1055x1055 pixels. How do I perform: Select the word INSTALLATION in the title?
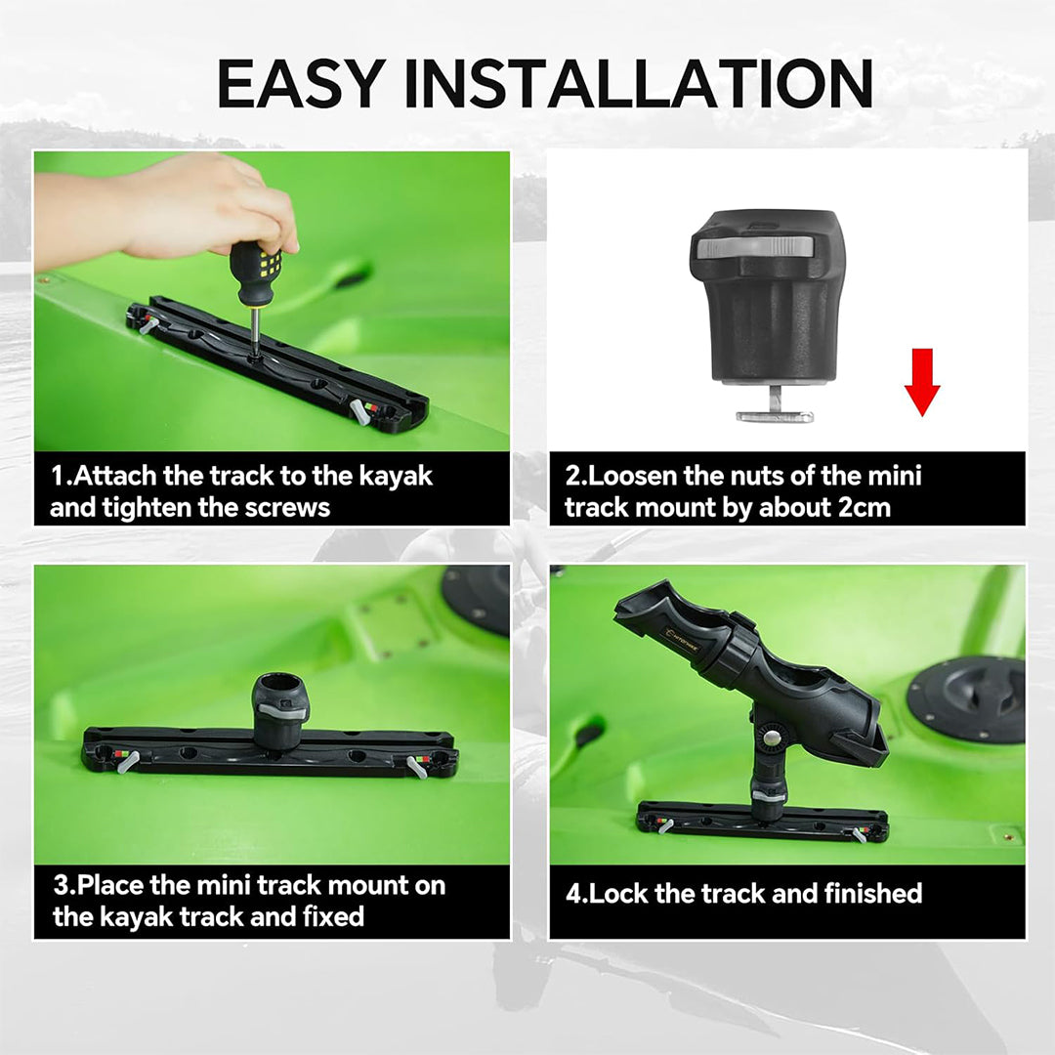(639, 83)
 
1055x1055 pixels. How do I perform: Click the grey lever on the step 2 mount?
(755, 247)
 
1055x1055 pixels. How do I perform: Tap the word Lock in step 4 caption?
(617, 894)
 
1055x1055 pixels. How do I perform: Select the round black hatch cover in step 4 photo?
(965, 699)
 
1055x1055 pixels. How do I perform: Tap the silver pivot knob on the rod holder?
(772, 738)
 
